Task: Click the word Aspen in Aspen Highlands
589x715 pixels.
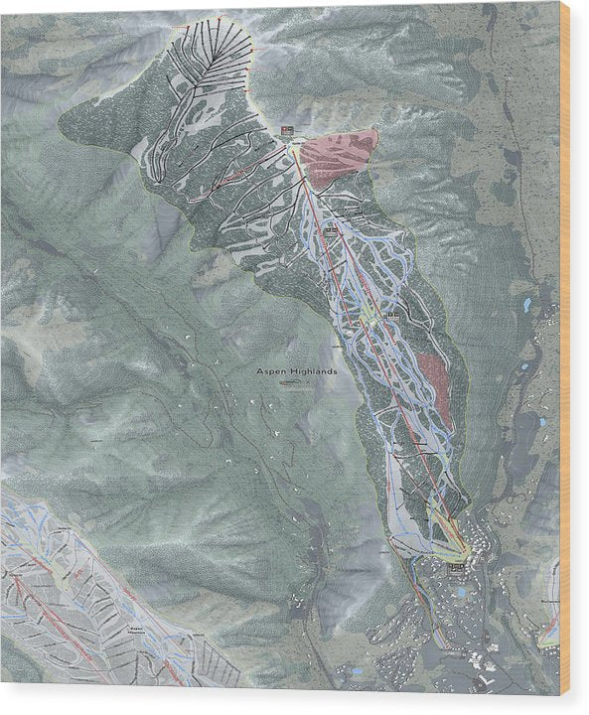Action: [x=271, y=371]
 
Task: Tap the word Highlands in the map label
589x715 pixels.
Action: [x=312, y=371]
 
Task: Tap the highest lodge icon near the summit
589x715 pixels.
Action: [x=287, y=131]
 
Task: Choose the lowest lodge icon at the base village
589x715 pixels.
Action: [x=456, y=566]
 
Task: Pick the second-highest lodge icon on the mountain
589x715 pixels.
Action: [x=331, y=229]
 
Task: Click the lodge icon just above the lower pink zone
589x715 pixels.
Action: [x=394, y=314]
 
